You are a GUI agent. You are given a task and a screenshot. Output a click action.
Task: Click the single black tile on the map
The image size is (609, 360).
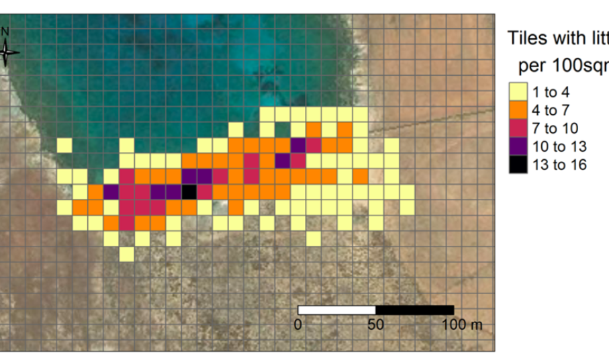(x=189, y=192)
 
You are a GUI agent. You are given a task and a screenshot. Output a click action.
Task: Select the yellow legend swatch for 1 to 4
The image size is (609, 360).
(x=517, y=92)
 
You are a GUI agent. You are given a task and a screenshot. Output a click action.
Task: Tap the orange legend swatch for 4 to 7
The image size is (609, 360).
(x=517, y=110)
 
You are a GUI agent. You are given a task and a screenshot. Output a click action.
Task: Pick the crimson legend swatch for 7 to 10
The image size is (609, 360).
(x=517, y=128)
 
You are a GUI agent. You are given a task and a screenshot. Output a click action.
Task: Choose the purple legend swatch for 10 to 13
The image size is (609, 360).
(x=517, y=146)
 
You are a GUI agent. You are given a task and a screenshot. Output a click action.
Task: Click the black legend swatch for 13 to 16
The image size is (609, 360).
(x=517, y=165)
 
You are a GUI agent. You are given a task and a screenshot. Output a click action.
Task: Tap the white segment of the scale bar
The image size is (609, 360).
(x=336, y=310)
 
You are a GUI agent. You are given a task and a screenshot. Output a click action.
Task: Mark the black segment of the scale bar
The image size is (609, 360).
(x=414, y=310)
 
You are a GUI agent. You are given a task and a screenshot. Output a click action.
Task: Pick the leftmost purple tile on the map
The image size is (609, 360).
(x=111, y=192)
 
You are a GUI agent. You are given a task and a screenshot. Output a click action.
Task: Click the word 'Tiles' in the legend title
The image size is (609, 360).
(x=528, y=38)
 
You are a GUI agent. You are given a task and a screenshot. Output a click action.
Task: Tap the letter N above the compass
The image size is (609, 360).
(x=5, y=31)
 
